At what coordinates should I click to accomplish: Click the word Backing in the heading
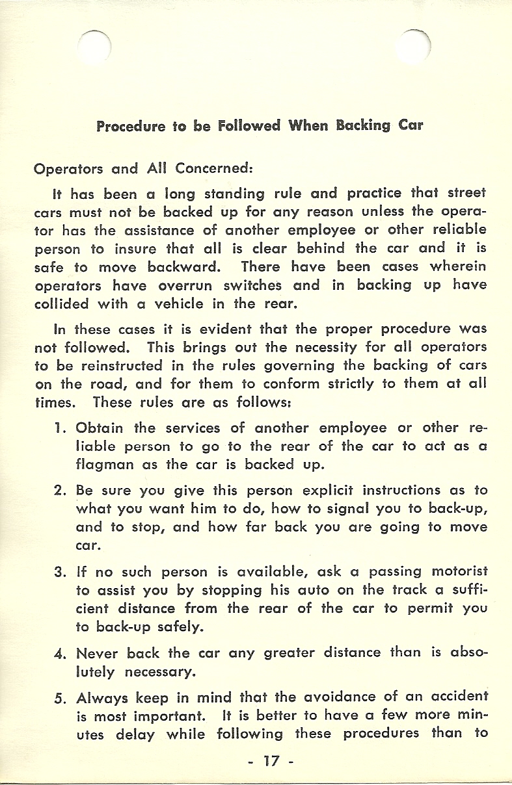(362, 125)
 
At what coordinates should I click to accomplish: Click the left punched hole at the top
(96, 47)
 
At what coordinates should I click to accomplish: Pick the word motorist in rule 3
(459, 572)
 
